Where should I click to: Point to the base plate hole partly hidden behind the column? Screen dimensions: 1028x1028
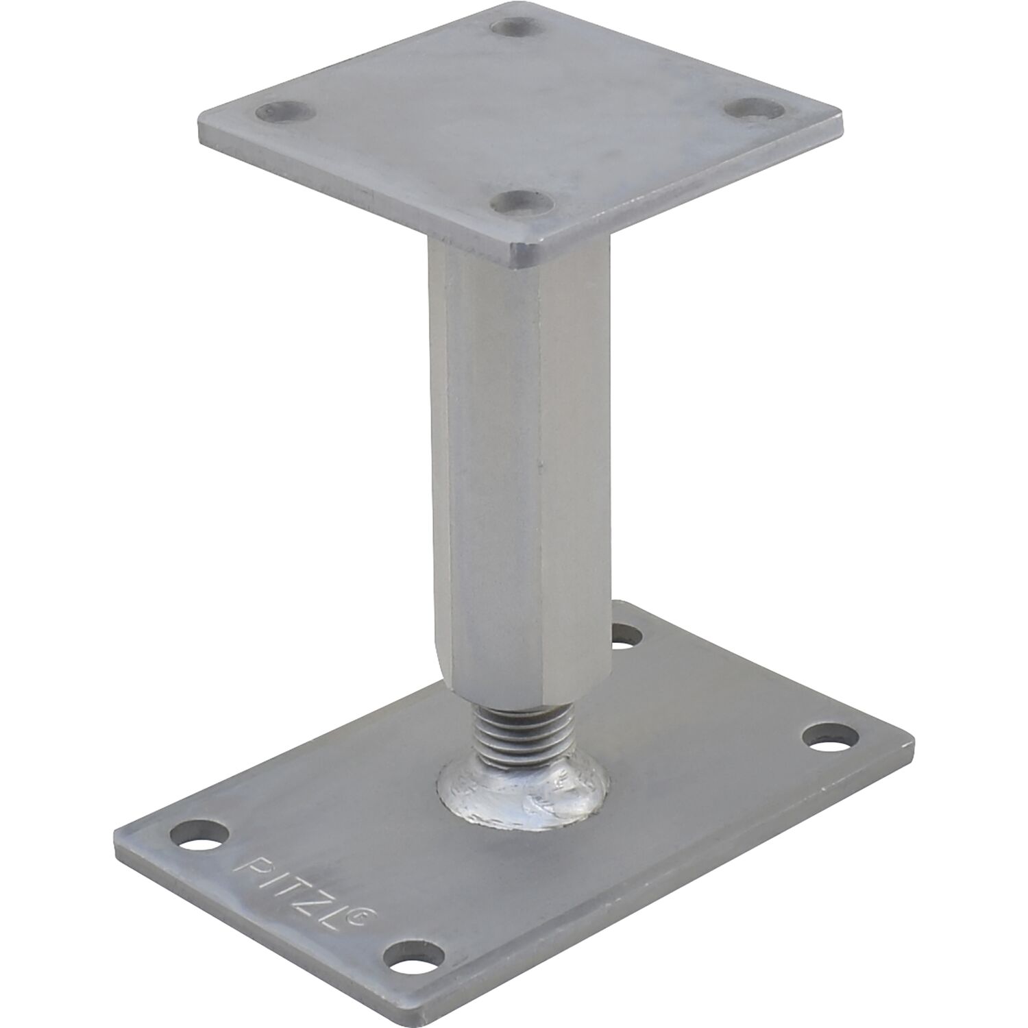pos(625,635)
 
